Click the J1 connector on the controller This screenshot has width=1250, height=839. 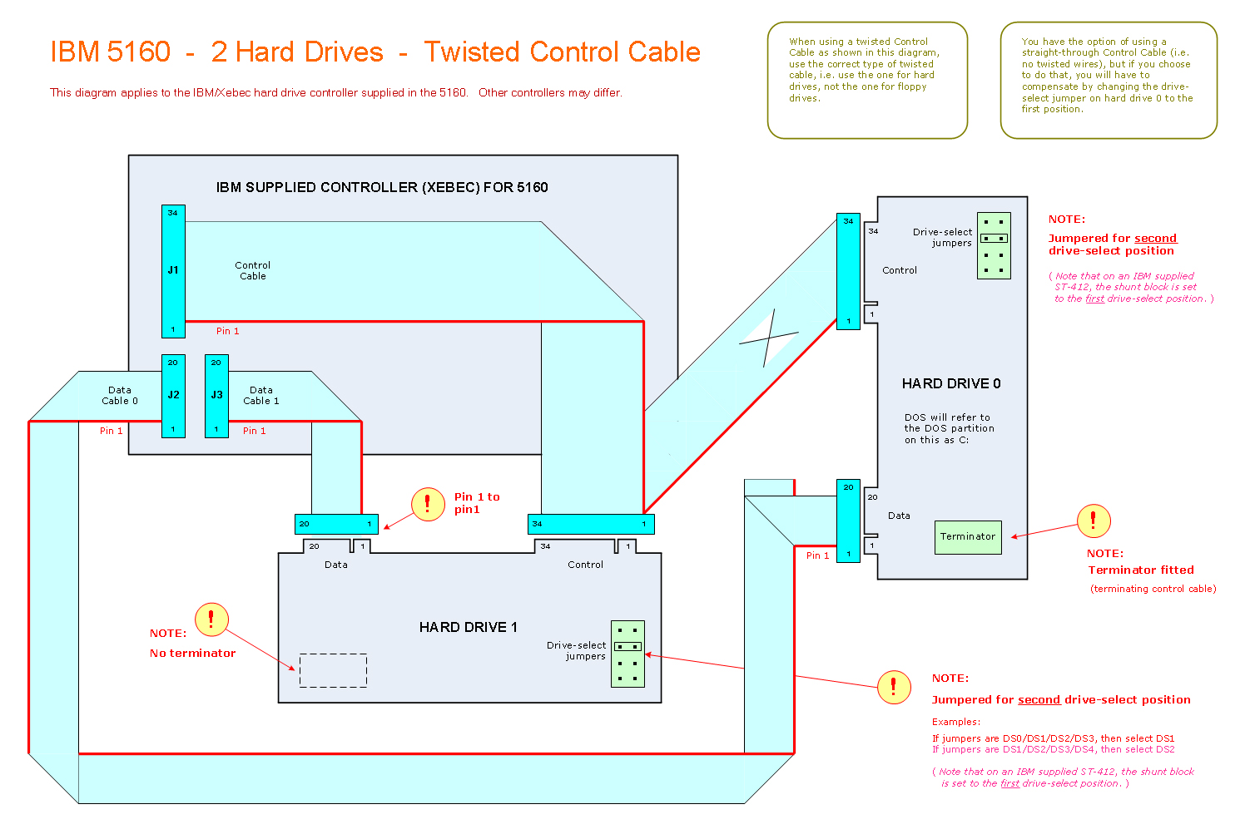(x=173, y=271)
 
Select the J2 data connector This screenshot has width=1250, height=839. (x=173, y=396)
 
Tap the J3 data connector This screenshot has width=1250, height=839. (x=216, y=396)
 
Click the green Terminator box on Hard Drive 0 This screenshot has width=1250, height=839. (x=968, y=537)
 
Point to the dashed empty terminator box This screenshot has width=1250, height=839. (x=333, y=670)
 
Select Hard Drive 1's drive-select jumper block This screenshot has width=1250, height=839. (x=627, y=654)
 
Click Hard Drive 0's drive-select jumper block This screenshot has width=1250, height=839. (x=994, y=245)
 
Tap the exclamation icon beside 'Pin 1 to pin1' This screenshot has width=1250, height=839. (x=428, y=504)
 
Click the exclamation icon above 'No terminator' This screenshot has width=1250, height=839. (x=211, y=619)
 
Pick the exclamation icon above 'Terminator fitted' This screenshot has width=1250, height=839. (x=1094, y=521)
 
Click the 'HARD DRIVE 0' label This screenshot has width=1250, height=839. (x=951, y=383)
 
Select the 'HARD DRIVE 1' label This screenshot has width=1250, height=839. (x=468, y=627)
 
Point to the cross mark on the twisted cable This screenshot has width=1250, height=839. (x=769, y=338)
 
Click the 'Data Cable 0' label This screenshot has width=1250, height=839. (x=120, y=395)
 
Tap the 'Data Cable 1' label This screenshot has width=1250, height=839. (x=261, y=395)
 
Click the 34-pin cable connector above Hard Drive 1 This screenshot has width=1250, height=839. (x=591, y=524)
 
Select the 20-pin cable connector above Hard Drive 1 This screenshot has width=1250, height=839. (x=336, y=524)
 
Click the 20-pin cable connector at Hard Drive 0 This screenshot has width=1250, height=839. (x=848, y=521)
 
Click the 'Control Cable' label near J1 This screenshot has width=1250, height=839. (x=253, y=270)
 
